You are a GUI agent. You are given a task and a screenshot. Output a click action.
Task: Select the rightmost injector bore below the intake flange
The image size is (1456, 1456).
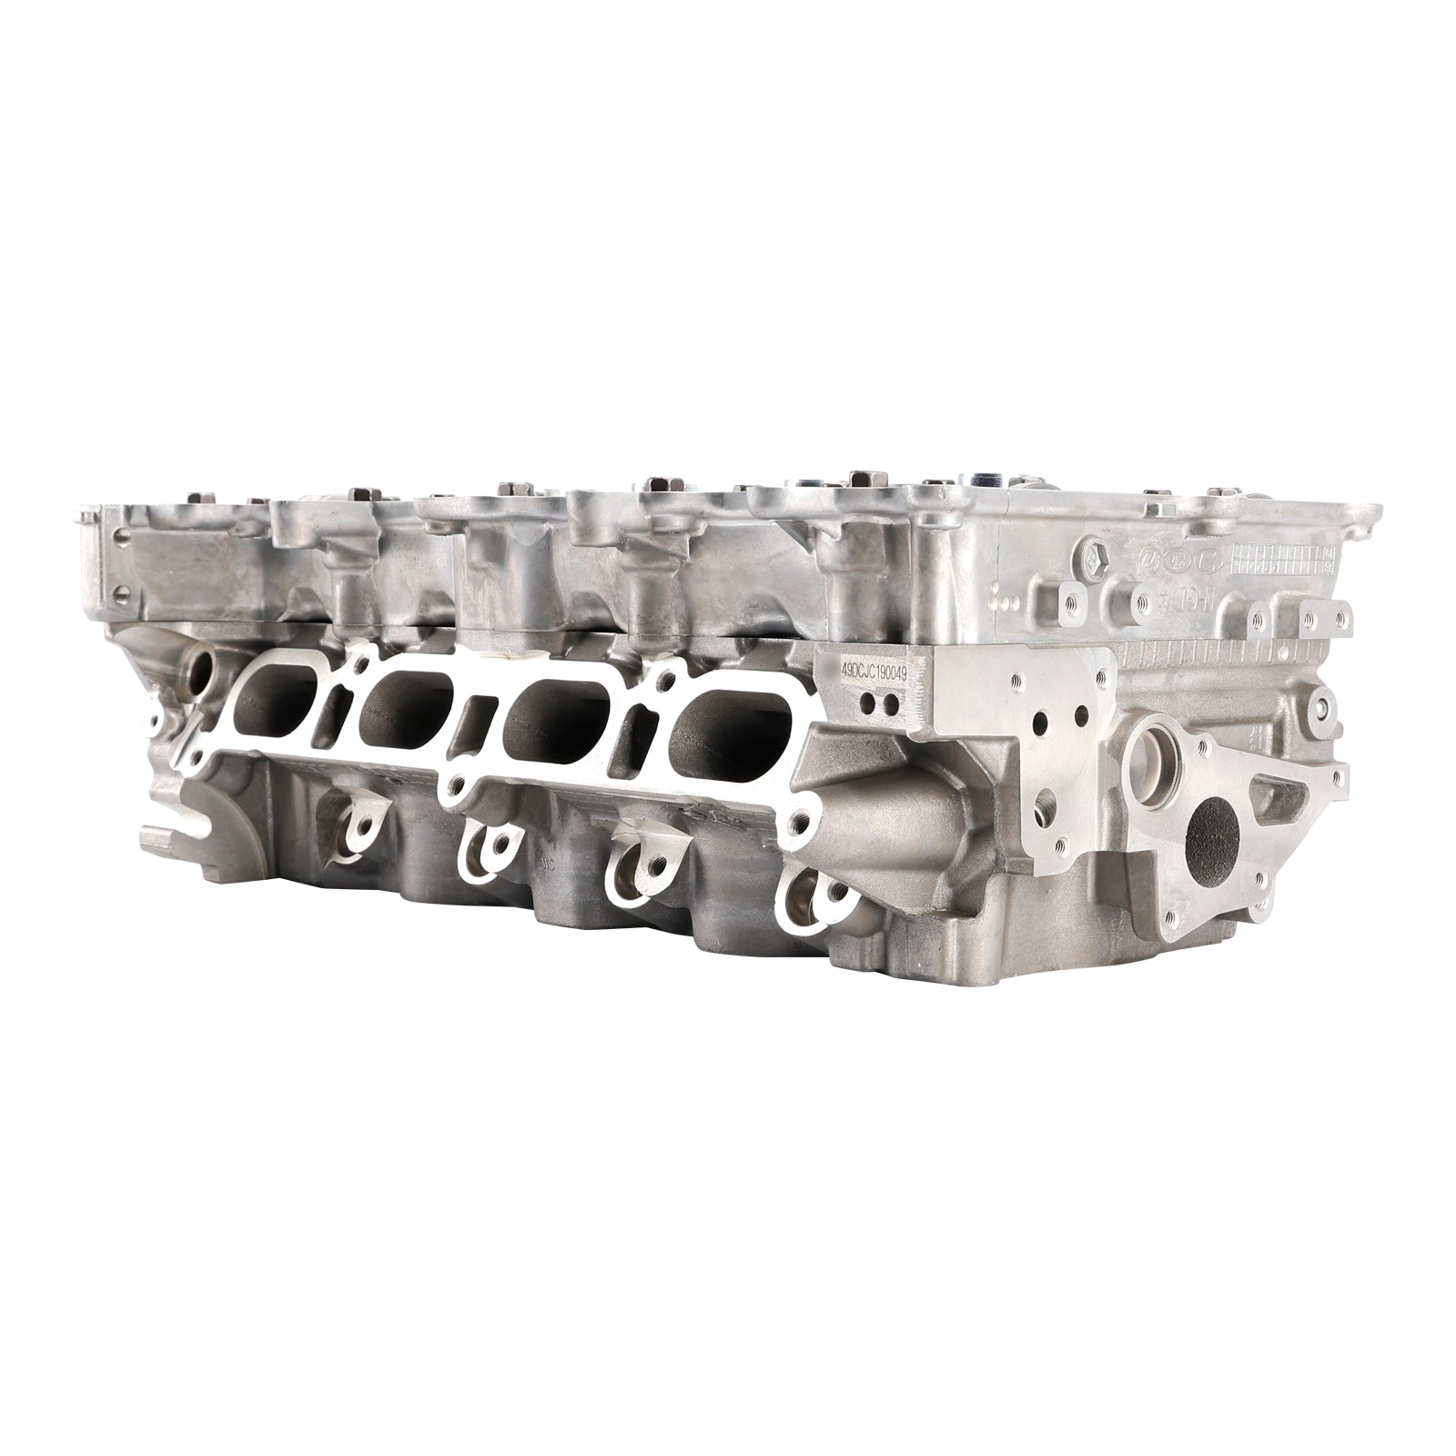(x=805, y=896)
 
